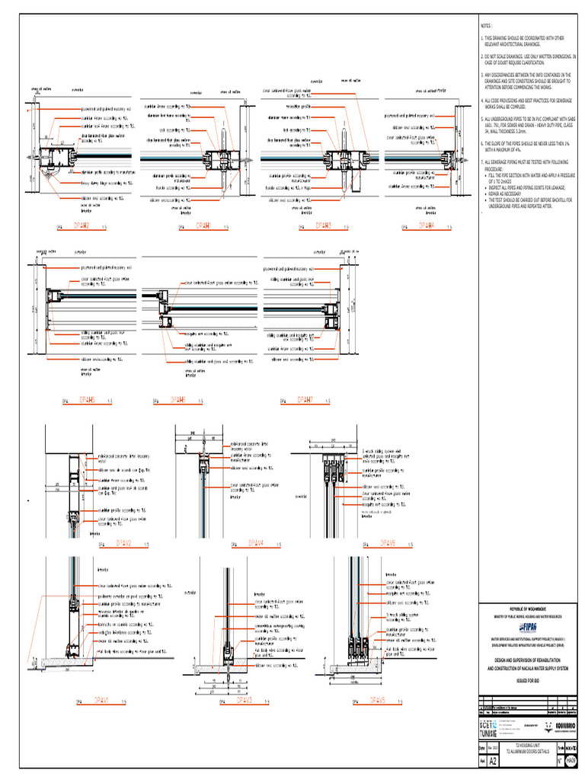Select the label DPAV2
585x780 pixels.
click(124, 543)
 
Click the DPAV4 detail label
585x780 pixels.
click(257, 543)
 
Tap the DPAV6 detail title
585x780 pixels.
click(388, 543)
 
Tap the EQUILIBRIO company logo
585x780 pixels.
click(561, 726)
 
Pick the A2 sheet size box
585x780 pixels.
click(493, 760)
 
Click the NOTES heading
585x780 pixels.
click(487, 25)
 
